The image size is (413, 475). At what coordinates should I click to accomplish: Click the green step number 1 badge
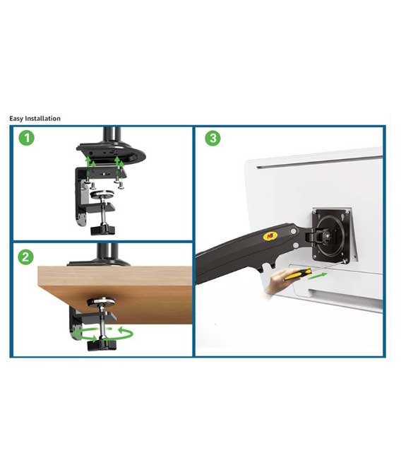pos(27,138)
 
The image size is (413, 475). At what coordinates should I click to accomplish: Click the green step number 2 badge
pos(25,257)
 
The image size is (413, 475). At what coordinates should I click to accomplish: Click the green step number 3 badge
pos(213,138)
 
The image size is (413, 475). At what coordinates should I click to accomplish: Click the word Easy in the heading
pos(16,119)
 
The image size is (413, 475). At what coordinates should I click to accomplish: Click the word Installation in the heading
pos(42,118)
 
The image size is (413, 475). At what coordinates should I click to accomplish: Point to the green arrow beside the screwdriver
pos(318,276)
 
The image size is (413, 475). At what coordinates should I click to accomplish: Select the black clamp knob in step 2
pos(102,345)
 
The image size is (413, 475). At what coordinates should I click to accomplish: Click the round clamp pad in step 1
pos(102,194)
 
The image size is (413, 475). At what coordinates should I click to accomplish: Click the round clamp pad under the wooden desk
pos(102,302)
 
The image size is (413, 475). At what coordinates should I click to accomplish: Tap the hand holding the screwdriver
pos(276,282)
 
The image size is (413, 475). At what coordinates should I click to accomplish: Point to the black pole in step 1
pos(112,136)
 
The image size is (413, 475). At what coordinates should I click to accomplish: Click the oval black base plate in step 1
pos(111,153)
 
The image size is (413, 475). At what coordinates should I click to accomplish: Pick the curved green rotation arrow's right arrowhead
pos(121,330)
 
